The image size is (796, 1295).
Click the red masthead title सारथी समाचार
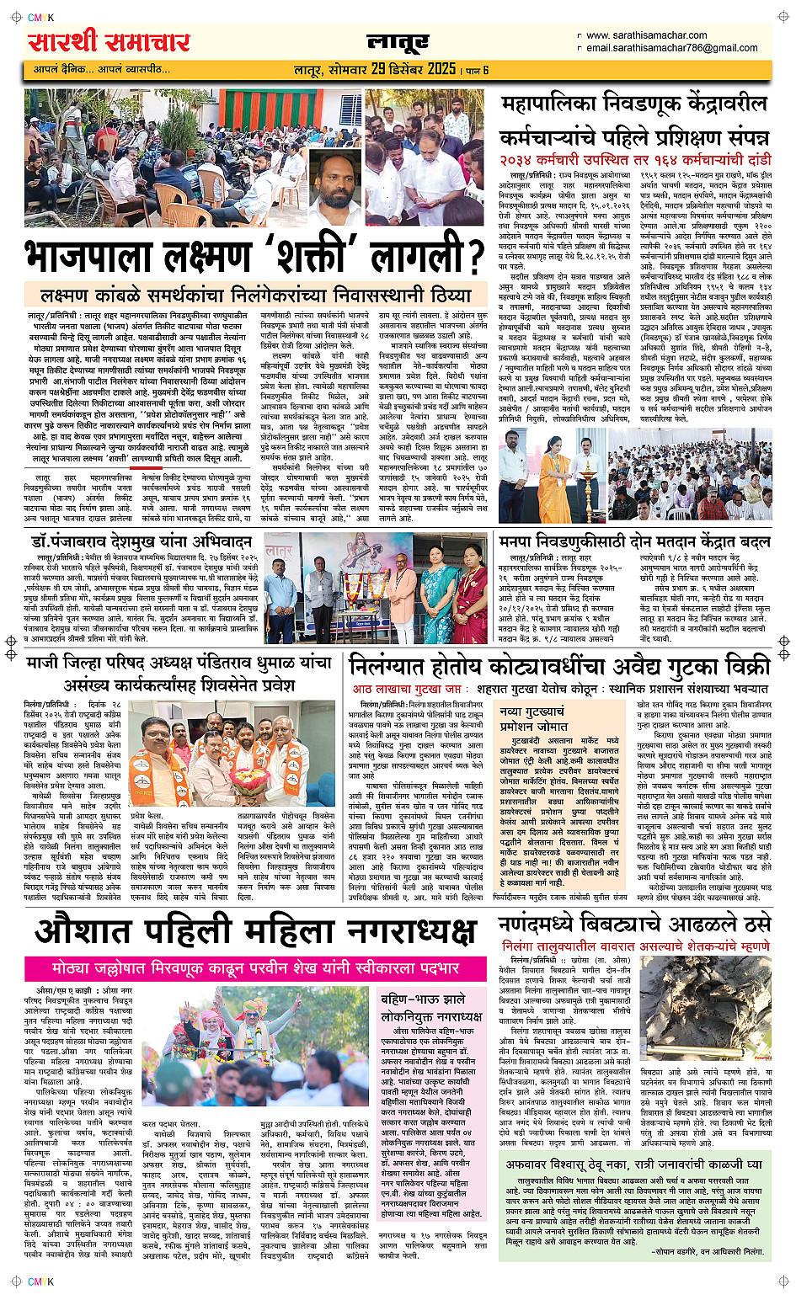(x=109, y=41)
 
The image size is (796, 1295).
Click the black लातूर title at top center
(x=398, y=41)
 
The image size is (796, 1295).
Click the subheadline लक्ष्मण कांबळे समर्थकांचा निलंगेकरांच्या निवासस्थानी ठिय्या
(x=256, y=296)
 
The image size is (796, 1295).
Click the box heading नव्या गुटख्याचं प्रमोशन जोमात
(x=533, y=718)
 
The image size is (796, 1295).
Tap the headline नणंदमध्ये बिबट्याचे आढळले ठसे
(x=633, y=924)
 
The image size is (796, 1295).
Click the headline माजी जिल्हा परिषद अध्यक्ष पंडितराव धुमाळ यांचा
(x=179, y=663)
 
